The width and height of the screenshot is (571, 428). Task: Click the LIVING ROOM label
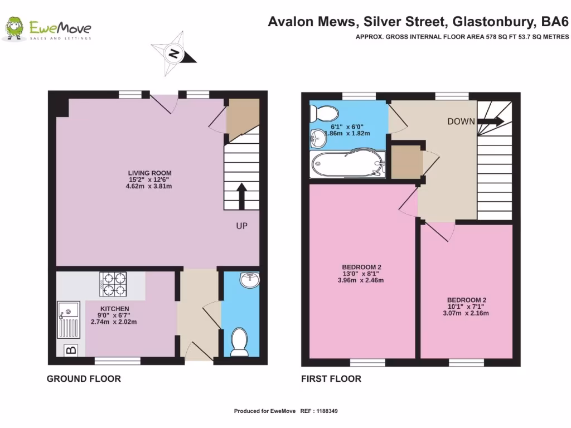tap(149, 173)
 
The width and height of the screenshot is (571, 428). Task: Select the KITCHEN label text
tap(115, 309)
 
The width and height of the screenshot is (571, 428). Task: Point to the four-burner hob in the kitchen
tap(113, 284)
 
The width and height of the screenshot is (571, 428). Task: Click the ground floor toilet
tap(240, 342)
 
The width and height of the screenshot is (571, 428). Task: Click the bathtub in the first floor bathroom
tap(348, 164)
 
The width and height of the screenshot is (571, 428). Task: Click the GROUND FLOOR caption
tap(84, 379)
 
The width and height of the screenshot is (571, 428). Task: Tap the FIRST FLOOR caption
tap(331, 379)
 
